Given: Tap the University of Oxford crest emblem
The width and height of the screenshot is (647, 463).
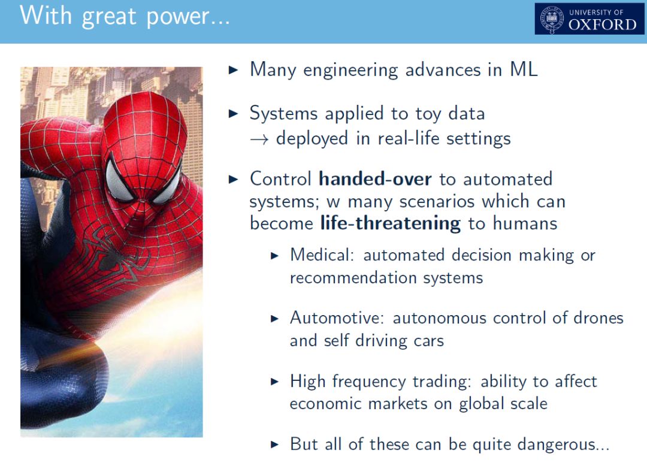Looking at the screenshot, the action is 552,19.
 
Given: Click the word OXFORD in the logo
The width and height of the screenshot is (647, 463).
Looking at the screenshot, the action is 603,25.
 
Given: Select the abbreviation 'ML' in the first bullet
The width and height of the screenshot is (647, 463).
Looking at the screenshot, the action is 524,69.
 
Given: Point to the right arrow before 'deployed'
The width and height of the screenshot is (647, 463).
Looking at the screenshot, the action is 259,140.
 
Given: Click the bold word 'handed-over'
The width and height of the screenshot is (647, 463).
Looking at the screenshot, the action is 375,178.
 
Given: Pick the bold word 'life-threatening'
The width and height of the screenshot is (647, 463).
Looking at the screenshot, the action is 391,223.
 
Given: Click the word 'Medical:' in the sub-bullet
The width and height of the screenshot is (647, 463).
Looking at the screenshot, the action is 322,255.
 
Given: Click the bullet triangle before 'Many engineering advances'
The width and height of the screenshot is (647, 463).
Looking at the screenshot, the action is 234,69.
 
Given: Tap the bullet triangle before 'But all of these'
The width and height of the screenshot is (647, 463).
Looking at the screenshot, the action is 275,444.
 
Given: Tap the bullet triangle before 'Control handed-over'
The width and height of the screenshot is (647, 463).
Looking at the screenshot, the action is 234,179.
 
